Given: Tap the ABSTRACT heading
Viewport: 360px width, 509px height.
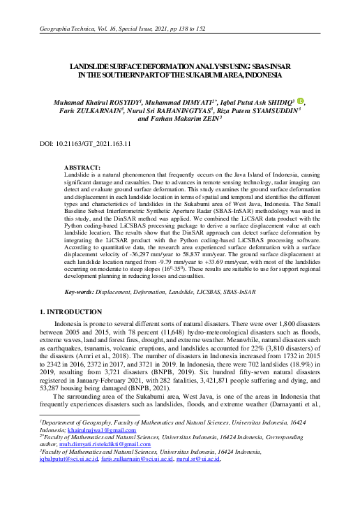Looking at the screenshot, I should coord(82,168).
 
